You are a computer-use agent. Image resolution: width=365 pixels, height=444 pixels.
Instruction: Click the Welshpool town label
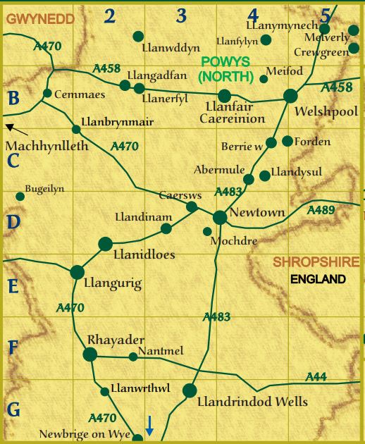point(327,111)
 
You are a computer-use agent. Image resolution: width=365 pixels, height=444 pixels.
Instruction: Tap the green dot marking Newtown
point(220,217)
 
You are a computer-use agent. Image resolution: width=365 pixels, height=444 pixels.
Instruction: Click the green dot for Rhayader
point(90,354)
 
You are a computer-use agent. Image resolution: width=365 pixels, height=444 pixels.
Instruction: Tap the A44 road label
point(316,377)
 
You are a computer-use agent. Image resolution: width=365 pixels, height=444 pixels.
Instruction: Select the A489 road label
point(321,209)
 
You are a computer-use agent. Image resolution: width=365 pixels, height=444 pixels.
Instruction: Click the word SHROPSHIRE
point(316,262)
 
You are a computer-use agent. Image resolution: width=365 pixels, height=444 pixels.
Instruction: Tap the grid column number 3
point(182,16)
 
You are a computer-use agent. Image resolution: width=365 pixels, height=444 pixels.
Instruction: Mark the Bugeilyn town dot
point(20,196)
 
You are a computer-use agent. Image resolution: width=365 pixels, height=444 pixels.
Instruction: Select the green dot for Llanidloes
point(106,244)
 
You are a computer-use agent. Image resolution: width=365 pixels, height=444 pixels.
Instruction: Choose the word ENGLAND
point(318,279)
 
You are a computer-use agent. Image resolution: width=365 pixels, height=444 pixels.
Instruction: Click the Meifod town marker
point(264,79)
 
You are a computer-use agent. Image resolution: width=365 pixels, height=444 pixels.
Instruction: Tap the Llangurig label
point(113,284)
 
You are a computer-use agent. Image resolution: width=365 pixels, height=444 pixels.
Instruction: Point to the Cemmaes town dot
point(47,93)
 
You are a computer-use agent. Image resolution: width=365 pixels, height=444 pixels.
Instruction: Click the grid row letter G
point(13,409)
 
